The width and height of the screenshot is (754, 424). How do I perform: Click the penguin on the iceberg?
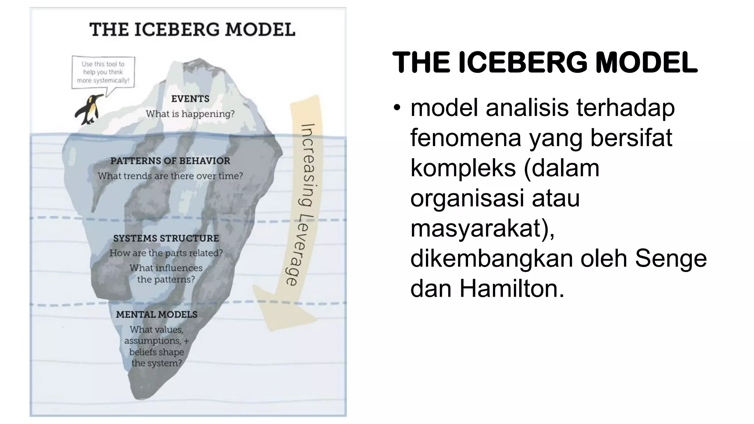tap(89, 109)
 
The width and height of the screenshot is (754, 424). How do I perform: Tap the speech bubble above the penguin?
tap(103, 72)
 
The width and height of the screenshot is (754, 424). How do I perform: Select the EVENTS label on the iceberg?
tap(190, 99)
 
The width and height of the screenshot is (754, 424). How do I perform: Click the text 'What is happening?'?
tap(190, 114)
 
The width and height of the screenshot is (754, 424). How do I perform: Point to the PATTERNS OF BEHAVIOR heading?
tap(170, 161)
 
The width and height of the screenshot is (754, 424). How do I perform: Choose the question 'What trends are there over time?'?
tap(170, 176)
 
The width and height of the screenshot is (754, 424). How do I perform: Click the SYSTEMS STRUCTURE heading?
tap(166, 239)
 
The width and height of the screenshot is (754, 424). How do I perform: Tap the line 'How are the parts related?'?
tap(166, 253)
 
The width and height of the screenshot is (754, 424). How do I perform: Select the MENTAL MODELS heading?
tap(157, 315)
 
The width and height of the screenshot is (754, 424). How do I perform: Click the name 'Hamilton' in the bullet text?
tap(512, 289)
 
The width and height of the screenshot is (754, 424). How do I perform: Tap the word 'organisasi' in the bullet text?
tap(467, 198)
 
